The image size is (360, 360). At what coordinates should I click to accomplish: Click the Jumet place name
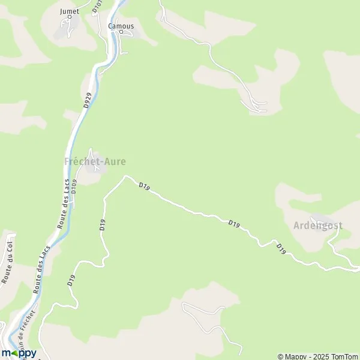(70, 11)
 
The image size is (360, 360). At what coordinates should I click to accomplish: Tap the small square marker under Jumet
(70, 17)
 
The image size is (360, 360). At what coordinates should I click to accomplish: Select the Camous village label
(121, 26)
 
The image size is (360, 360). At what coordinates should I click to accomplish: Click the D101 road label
(97, 6)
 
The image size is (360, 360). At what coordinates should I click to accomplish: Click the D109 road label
(74, 187)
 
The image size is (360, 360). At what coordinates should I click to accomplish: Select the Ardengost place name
(318, 226)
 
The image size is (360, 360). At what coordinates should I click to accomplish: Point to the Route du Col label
(8, 262)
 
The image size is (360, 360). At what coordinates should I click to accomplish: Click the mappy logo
(19, 352)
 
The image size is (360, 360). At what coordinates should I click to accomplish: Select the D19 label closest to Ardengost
(280, 248)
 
